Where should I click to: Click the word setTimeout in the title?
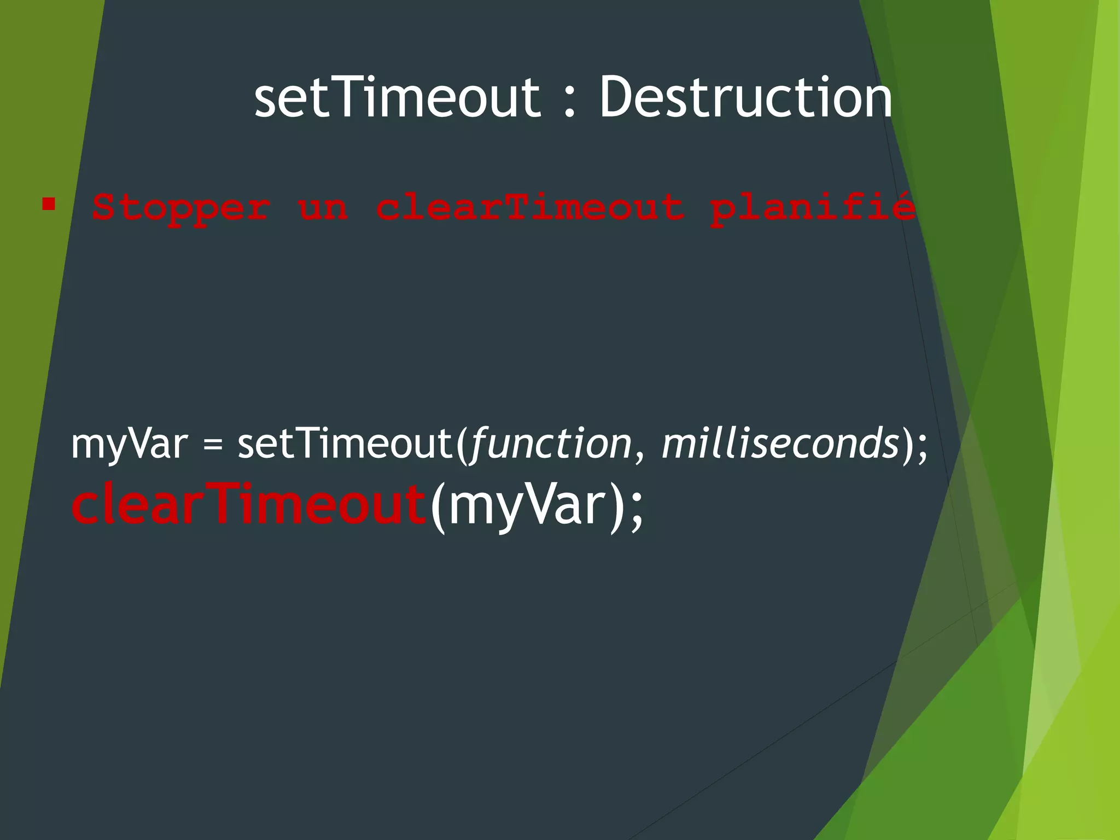397,97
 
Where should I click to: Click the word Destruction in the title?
746,97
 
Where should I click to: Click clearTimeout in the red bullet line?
530,208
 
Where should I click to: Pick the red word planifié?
812,208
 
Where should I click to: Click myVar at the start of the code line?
130,444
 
